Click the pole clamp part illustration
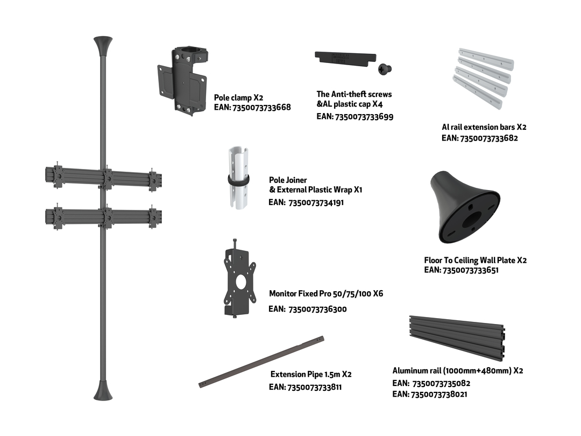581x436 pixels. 182,81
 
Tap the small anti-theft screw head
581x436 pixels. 385,68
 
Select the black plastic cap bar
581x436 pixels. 345,59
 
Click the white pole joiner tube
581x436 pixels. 238,178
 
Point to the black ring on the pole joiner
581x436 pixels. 238,180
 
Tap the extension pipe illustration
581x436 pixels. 261,362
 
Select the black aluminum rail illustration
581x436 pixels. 457,337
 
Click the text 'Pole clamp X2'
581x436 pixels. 239,98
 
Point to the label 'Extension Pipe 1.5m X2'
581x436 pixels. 311,375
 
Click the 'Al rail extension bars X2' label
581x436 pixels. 484,127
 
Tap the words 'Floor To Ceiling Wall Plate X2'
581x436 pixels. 476,261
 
